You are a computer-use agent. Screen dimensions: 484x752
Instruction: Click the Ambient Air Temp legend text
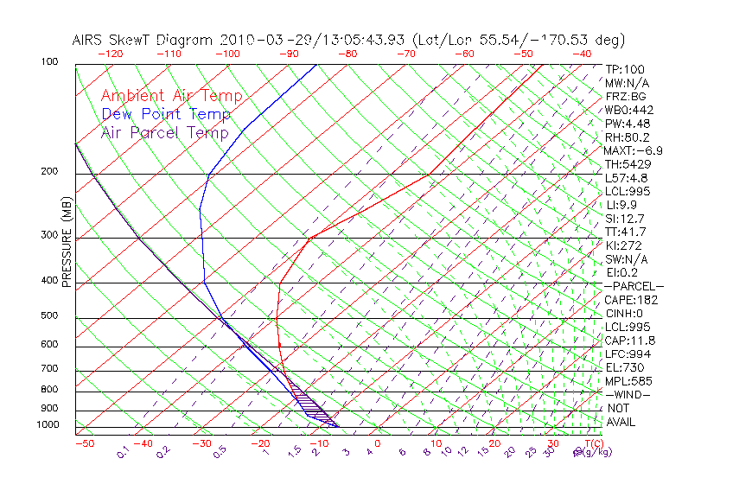point(171,96)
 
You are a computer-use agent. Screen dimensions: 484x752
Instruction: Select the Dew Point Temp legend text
point(165,114)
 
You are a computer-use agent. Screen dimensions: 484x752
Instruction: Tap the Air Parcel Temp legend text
point(164,132)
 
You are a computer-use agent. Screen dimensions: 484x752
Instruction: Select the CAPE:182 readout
point(629,300)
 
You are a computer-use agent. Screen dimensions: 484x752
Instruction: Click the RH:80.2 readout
point(627,137)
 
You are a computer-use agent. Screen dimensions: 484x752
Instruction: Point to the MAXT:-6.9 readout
point(634,150)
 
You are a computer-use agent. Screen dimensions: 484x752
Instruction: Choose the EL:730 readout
point(623,367)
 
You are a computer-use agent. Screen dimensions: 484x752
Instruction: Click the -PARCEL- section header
point(634,286)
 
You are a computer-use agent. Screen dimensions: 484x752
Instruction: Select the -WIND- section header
point(628,394)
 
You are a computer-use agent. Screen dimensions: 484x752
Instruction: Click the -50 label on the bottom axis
point(84,444)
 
